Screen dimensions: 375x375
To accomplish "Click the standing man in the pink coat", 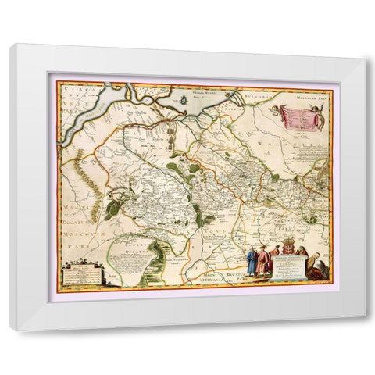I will coord(263,266).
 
